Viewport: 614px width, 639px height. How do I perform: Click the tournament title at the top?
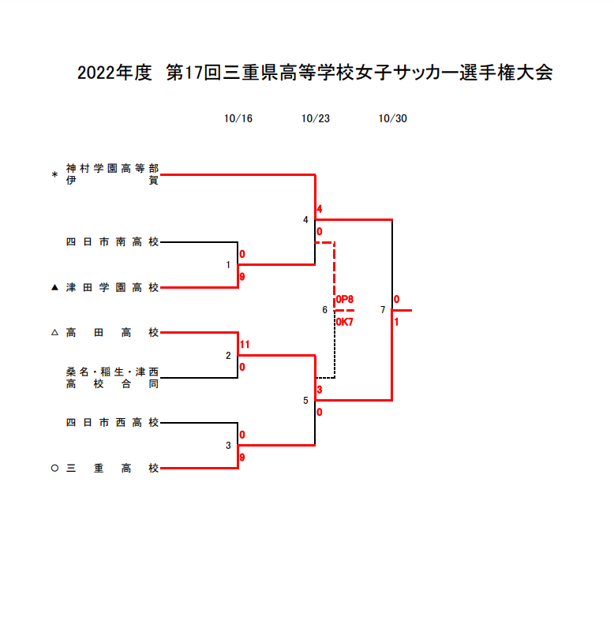[314, 73]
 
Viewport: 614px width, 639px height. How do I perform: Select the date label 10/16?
[238, 119]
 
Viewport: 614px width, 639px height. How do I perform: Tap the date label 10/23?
[315, 119]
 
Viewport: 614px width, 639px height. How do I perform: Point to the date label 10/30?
[392, 119]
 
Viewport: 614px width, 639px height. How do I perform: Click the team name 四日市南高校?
[113, 243]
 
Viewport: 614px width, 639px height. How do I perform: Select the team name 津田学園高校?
[113, 288]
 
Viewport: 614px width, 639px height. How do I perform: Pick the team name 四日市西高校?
[113, 423]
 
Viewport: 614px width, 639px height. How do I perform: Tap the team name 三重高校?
[113, 468]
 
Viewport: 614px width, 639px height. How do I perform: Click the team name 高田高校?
[113, 333]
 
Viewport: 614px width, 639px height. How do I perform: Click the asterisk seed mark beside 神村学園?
[54, 175]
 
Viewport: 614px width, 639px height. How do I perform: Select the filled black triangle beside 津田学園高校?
[54, 288]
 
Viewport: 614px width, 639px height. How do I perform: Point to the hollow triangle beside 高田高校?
[54, 333]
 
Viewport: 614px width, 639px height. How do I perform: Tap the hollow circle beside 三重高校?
[54, 468]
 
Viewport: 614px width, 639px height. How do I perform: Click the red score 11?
[245, 345]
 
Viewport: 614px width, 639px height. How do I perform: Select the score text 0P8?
[345, 300]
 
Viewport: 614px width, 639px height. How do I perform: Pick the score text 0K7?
[345, 322]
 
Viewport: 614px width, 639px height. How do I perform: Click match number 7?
[383, 310]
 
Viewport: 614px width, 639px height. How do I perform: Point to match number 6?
[324, 310]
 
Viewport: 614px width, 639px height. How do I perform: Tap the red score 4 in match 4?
[320, 209]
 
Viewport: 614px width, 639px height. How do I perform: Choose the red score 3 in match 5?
[320, 390]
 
